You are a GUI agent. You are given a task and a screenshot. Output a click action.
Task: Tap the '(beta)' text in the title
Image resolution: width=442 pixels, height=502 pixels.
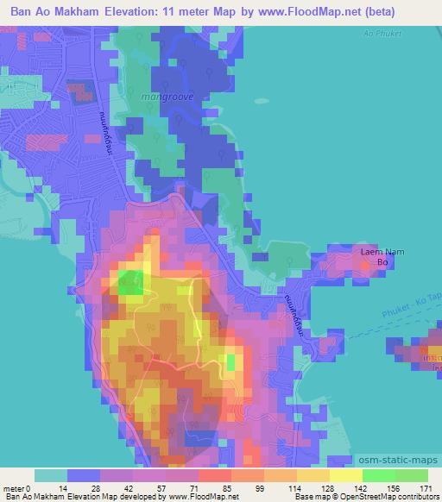tap(415, 11)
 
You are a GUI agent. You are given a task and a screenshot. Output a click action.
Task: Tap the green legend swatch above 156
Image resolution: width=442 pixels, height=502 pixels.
tap(379, 475)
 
